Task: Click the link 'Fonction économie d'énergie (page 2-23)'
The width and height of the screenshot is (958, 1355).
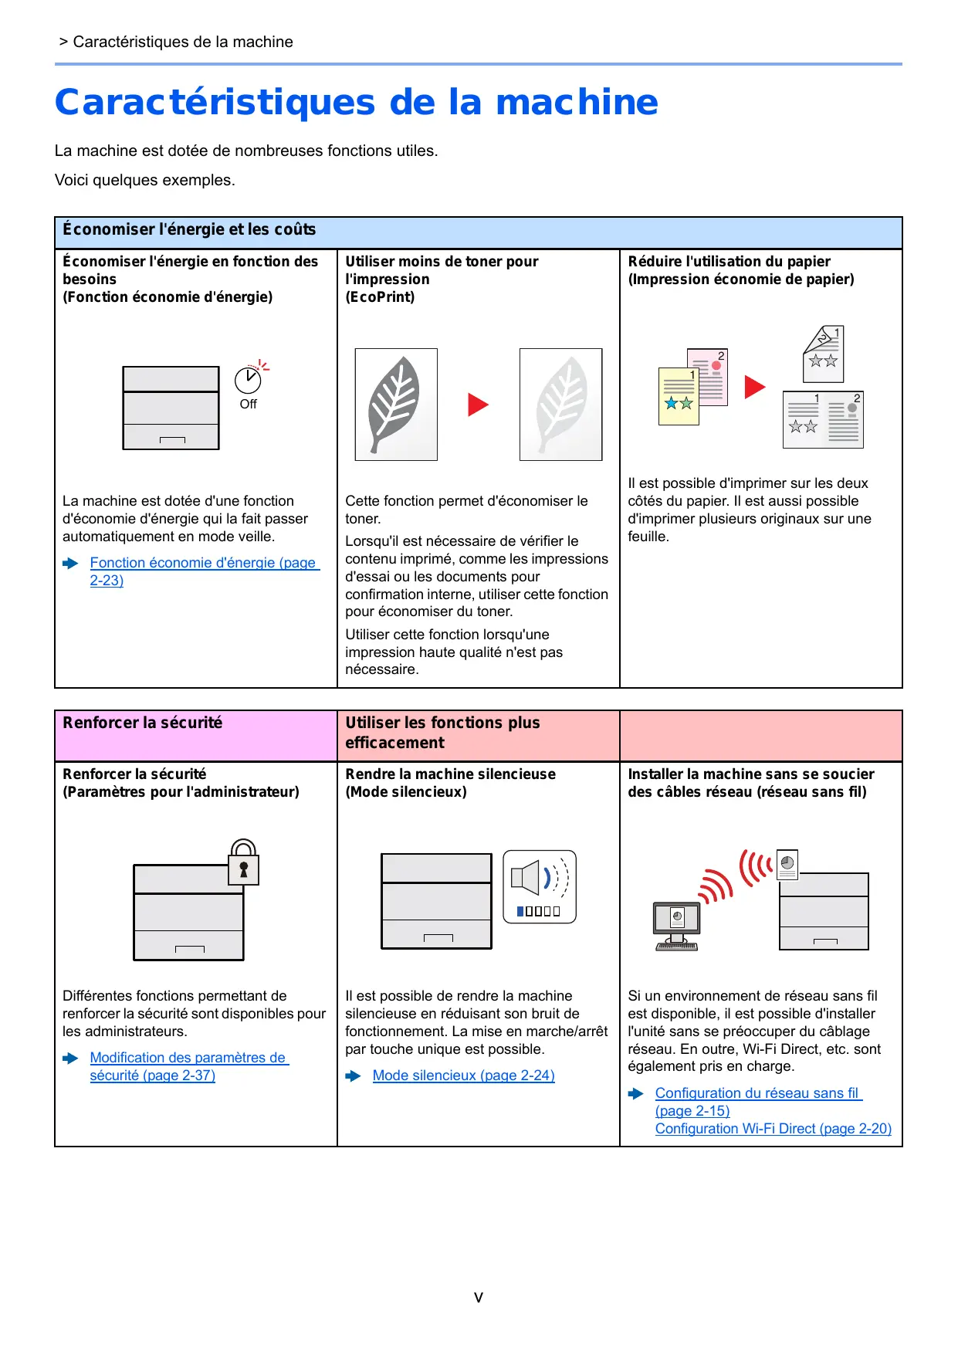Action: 204,564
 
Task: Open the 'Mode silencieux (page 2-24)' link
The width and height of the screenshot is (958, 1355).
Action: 463,1076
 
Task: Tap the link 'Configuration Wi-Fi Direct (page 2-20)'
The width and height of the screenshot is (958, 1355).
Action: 773,1129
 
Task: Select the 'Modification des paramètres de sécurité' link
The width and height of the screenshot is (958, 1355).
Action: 188,1059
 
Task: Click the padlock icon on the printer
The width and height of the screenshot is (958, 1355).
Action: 243,863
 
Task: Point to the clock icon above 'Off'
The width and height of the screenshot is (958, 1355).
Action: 248,379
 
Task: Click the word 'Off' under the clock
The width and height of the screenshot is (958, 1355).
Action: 248,405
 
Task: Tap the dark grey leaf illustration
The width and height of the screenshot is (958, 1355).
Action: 396,405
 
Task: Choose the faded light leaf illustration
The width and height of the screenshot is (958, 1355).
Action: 560,405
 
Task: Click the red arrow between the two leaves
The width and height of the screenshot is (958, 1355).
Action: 478,405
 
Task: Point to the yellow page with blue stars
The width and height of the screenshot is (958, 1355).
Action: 678,397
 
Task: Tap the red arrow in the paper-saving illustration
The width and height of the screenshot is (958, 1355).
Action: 754,387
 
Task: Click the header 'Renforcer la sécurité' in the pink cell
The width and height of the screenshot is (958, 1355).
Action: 143,723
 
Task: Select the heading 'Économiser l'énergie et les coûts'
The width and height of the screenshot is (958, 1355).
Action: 189,230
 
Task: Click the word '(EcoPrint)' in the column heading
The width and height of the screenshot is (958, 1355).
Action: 380,297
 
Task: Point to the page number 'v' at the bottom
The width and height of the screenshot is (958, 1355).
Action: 479,1297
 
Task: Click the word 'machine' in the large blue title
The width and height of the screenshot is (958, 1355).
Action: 577,103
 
